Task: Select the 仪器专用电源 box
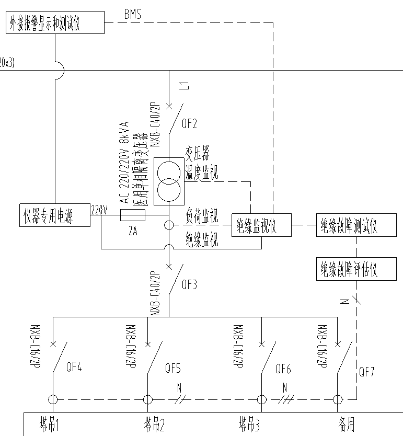click(54, 215)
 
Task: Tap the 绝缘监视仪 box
click(261, 226)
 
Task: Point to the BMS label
click(132, 15)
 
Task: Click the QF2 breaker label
click(190, 124)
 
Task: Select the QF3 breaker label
click(189, 285)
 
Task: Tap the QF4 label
click(74, 367)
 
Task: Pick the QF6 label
click(283, 369)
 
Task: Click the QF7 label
click(366, 372)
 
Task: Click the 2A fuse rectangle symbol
click(132, 214)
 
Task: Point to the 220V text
click(99, 210)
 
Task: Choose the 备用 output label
click(346, 424)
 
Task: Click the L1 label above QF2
click(183, 86)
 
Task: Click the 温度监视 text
click(202, 173)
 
